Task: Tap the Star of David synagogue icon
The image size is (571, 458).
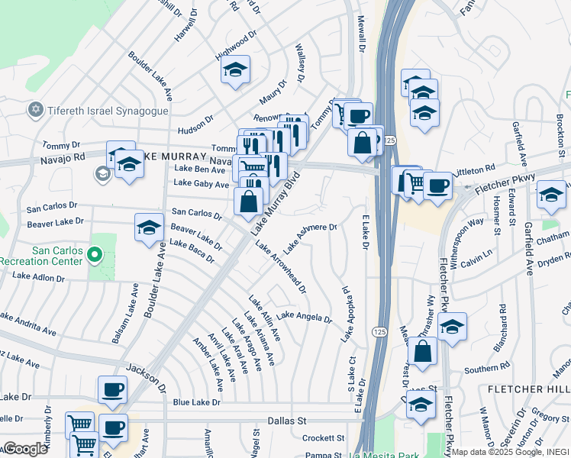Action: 34,111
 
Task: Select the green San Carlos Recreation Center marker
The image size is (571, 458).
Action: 95,255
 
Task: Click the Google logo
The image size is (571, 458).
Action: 26,449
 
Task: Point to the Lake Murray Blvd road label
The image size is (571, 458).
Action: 276,202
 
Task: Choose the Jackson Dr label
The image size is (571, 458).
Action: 144,377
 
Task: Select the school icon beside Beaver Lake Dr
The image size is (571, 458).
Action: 150,227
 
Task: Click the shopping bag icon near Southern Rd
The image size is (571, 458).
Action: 422,351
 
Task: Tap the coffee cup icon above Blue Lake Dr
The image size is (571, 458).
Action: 112,389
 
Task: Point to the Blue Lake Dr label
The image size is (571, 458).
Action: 196,402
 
